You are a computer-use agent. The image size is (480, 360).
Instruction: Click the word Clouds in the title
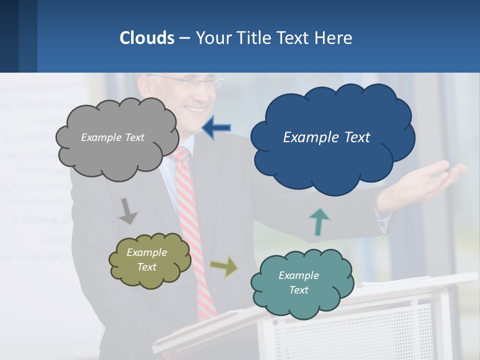[146, 38]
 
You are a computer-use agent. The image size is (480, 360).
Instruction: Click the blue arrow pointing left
[216, 127]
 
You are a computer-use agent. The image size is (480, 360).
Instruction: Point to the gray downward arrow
[128, 210]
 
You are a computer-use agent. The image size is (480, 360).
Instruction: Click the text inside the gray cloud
[112, 137]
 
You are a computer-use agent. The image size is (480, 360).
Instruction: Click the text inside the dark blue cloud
[326, 137]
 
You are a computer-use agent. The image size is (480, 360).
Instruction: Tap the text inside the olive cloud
[146, 259]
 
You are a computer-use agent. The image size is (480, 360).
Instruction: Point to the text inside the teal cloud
[298, 282]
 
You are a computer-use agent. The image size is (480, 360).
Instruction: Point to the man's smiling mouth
[193, 109]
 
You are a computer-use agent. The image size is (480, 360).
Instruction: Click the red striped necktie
[192, 225]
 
